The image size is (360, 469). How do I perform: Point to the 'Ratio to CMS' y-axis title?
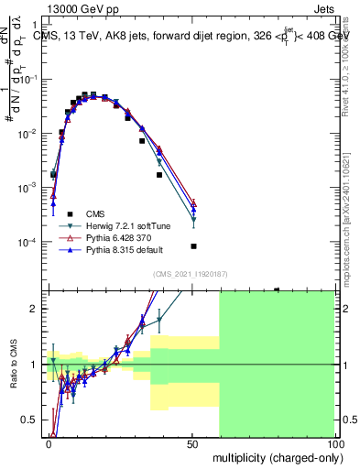pyautogui.click(x=13, y=365)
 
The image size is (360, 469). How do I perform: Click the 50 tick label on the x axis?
pyautogui.click(x=191, y=442)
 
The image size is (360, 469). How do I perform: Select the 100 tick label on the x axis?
pyautogui.click(x=333, y=442)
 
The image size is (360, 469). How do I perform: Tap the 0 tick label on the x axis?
pyautogui.click(x=49, y=442)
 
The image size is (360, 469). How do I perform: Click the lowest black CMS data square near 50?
pyautogui.click(x=193, y=246)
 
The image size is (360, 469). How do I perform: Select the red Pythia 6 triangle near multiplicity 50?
pyautogui.click(x=193, y=203)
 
